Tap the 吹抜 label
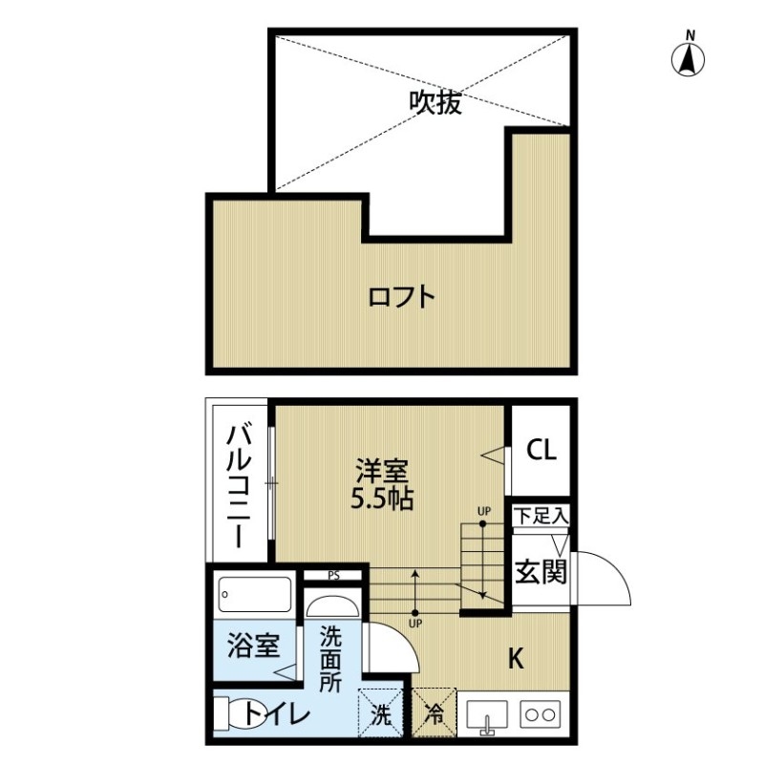tap(435, 103)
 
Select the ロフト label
tap(401, 297)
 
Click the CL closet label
tap(541, 450)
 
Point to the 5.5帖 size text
tap(383, 499)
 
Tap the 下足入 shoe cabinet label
tap(541, 516)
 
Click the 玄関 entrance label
tap(541, 571)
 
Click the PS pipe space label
tap(333, 576)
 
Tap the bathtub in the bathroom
tap(255, 594)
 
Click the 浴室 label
tap(253, 646)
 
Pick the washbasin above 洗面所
tap(332, 606)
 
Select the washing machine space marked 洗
tap(380, 712)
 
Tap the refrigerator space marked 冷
tap(435, 712)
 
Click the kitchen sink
tap(487, 715)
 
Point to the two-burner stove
tap(541, 714)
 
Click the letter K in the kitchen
tap(516, 659)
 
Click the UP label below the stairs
tap(415, 624)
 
